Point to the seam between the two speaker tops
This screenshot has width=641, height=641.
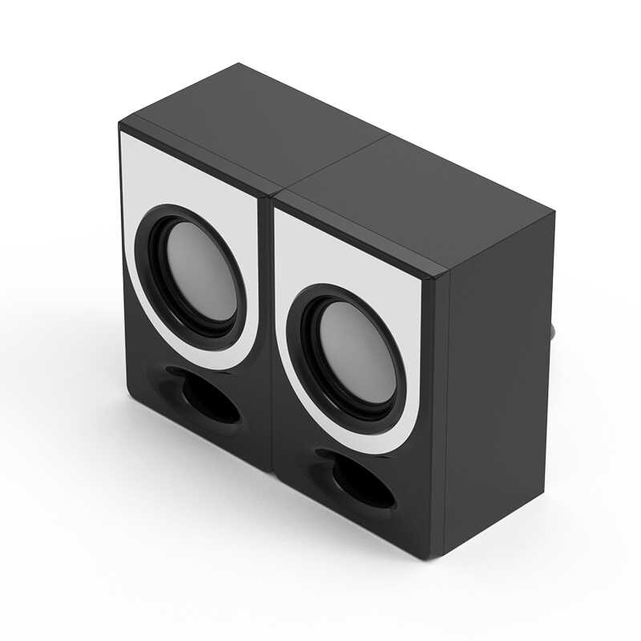click(337, 164)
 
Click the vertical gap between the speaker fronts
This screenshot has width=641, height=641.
click(268, 337)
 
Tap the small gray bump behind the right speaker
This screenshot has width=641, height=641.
click(555, 329)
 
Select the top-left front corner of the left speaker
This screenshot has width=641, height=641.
click(120, 126)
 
